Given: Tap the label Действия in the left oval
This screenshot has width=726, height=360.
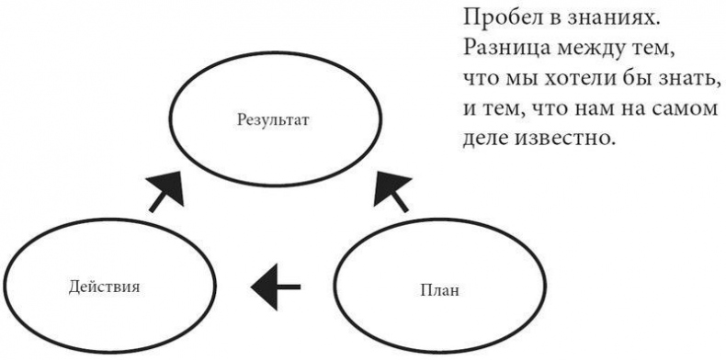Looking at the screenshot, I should coord(104,286).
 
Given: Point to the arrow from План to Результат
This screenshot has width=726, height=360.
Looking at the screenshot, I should coord(392,189).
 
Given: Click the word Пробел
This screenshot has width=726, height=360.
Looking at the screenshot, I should coord(495,17).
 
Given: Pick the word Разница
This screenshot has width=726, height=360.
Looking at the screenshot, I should coord(503,45).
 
